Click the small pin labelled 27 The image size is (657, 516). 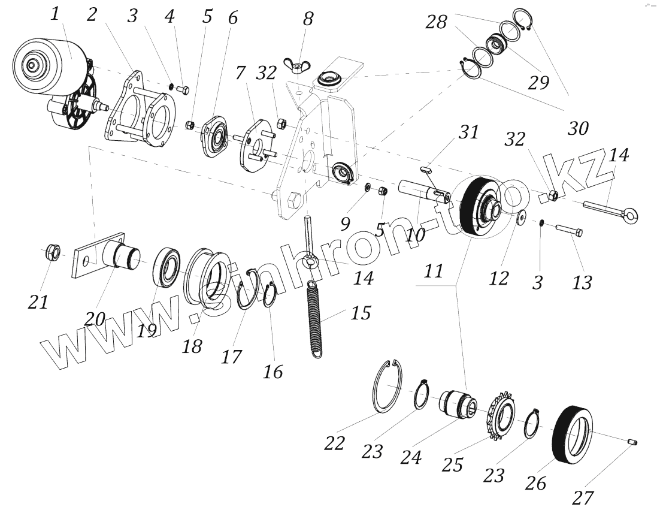632,442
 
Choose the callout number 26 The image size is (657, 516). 535,481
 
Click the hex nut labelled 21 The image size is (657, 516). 52,254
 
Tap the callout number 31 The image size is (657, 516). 469,132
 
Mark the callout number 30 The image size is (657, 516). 577,128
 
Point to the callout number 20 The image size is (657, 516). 95,318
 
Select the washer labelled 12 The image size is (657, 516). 521,217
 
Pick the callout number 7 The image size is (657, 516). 240,74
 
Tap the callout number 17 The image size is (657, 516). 231,357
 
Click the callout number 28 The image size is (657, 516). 436,22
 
